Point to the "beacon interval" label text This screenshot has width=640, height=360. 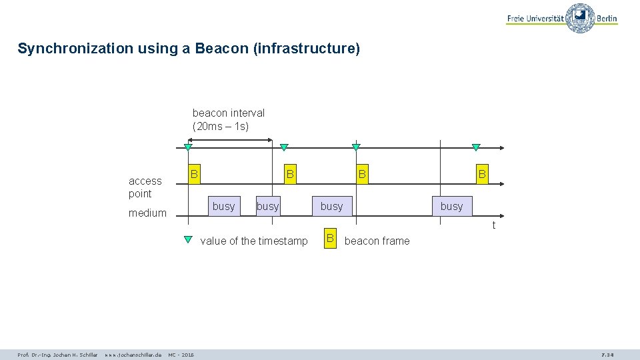(x=228, y=113)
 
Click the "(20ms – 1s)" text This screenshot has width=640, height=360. (x=220, y=126)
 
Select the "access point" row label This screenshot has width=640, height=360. (x=145, y=187)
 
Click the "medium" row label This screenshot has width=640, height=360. (x=147, y=213)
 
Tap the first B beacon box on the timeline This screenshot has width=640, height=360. (x=194, y=174)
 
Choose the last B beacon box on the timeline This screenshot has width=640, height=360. (x=481, y=174)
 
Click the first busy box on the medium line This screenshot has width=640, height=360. (x=223, y=206)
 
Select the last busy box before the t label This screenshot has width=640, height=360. (x=451, y=206)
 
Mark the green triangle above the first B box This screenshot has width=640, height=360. (x=188, y=147)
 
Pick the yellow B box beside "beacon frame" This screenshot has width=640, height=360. (x=329, y=239)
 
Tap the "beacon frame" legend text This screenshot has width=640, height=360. (x=377, y=241)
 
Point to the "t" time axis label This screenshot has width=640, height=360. (x=493, y=225)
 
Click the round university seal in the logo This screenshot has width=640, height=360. (x=580, y=18)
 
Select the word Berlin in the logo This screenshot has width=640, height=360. (x=607, y=19)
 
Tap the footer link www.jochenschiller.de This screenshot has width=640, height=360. (x=133, y=355)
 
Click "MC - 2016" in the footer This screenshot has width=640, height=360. (x=181, y=355)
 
